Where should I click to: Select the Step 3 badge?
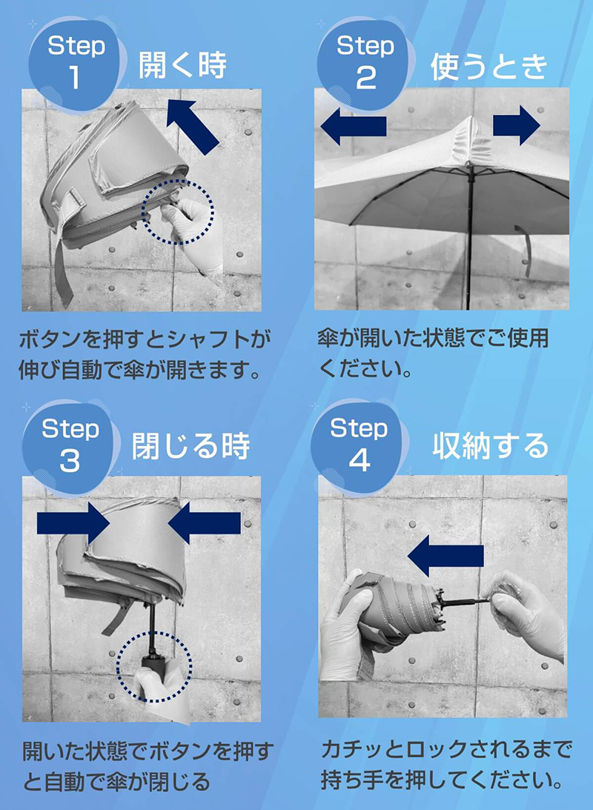tap(70, 445)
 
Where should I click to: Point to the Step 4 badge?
tap(359, 445)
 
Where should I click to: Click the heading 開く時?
tap(182, 66)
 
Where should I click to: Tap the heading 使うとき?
tap(488, 67)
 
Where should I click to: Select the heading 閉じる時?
tap(191, 447)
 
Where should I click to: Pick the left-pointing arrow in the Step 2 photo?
tap(354, 126)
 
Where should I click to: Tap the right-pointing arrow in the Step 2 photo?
tap(517, 125)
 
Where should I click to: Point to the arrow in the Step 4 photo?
tap(440, 557)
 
